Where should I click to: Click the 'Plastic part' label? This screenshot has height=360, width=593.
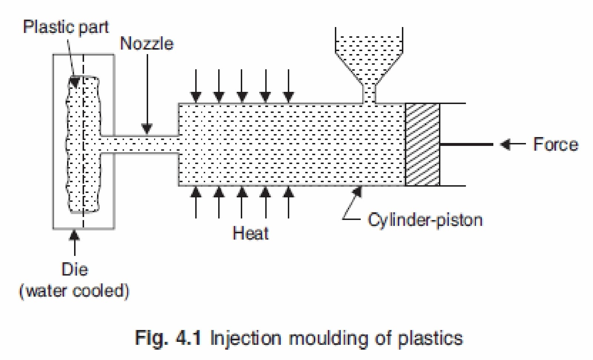coord(66,27)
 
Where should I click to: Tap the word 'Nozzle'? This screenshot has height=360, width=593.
coord(147,44)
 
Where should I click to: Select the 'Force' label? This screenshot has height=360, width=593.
coord(555,144)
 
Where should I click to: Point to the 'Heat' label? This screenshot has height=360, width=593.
coord(251,233)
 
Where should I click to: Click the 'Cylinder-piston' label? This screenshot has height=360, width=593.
coord(425,220)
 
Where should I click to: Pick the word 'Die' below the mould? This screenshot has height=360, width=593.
coord(74,270)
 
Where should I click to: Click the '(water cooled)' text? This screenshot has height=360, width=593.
coord(74,291)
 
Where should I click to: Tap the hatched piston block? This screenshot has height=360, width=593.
coord(423,145)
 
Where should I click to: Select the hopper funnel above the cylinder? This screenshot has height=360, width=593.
coord(369,56)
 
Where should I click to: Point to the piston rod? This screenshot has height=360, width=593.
coord(466,144)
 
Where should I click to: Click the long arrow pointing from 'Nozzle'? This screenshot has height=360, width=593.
coord(147,93)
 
